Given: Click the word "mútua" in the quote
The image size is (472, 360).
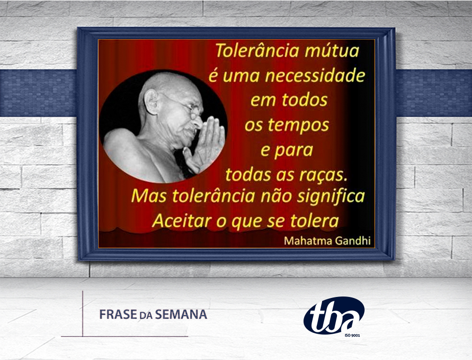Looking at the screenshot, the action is coord(332,50).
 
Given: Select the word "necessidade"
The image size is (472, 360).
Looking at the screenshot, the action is coord(315,75).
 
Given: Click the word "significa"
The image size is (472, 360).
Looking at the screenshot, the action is coord(331,196).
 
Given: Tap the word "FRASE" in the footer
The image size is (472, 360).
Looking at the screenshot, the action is coord(118,315).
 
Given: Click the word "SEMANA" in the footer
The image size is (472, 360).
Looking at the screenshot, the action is coord(181,315).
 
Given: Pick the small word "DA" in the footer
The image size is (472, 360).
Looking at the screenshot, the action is coord(146,316).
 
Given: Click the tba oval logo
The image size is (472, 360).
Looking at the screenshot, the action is coord(334,315).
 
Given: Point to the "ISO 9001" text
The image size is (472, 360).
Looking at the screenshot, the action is coord(352,335).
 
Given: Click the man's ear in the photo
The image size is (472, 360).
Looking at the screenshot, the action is coord(150,101).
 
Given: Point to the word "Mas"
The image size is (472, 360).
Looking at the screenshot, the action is coord(149,196).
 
